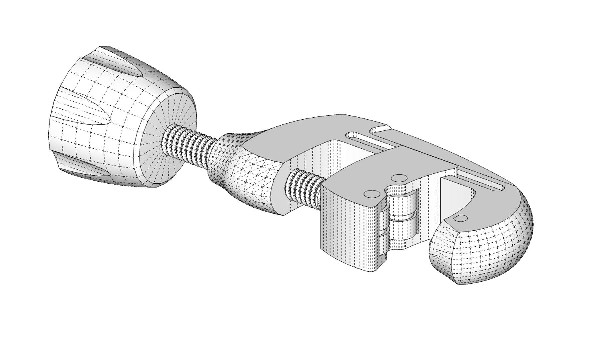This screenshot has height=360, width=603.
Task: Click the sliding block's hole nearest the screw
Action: [372, 194]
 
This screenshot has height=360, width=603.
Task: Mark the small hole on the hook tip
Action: [462, 218]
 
